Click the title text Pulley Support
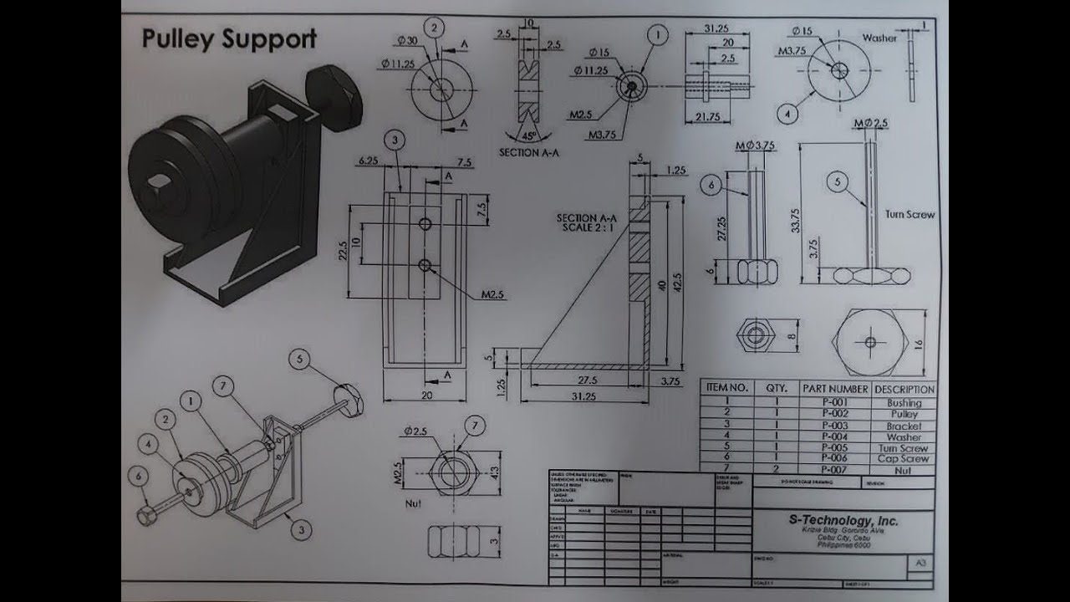tap(229, 39)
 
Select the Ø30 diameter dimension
tap(407, 41)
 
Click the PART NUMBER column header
tap(834, 389)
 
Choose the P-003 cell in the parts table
tap(834, 426)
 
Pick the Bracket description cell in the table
tap(904, 426)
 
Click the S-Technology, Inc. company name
tap(843, 520)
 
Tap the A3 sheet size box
tap(920, 564)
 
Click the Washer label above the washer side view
tap(879, 38)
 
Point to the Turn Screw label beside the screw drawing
tap(909, 214)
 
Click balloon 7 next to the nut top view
tap(473, 426)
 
